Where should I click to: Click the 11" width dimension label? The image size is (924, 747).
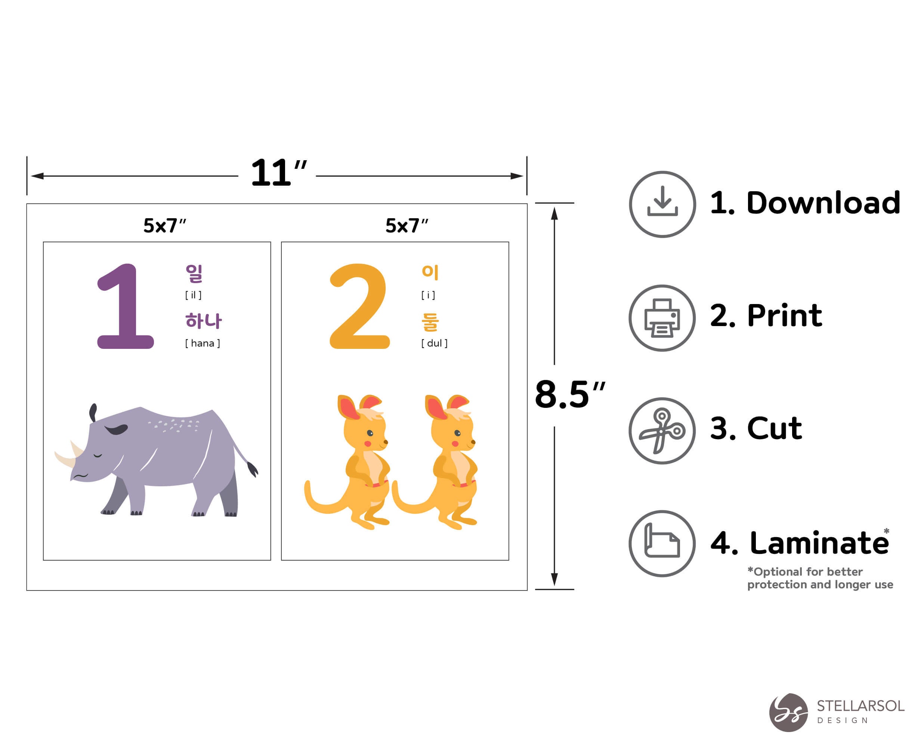tap(278, 173)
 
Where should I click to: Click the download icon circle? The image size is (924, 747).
tap(662, 204)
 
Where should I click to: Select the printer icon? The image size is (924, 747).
tap(662, 318)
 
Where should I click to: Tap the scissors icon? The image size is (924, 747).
tap(662, 431)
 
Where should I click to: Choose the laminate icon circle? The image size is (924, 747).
tap(662, 543)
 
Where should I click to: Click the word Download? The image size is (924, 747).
tap(823, 203)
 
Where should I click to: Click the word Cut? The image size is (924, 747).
tap(774, 428)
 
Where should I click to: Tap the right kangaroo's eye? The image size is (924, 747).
tap(457, 433)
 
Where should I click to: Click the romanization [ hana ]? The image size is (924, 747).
tap(202, 343)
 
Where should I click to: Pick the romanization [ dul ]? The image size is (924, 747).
tap(434, 343)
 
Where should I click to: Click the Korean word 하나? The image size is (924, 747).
tap(203, 320)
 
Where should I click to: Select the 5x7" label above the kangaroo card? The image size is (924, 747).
tap(406, 226)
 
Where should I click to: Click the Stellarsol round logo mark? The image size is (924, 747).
tap(788, 712)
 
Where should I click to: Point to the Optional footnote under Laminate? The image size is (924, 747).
tap(819, 578)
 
